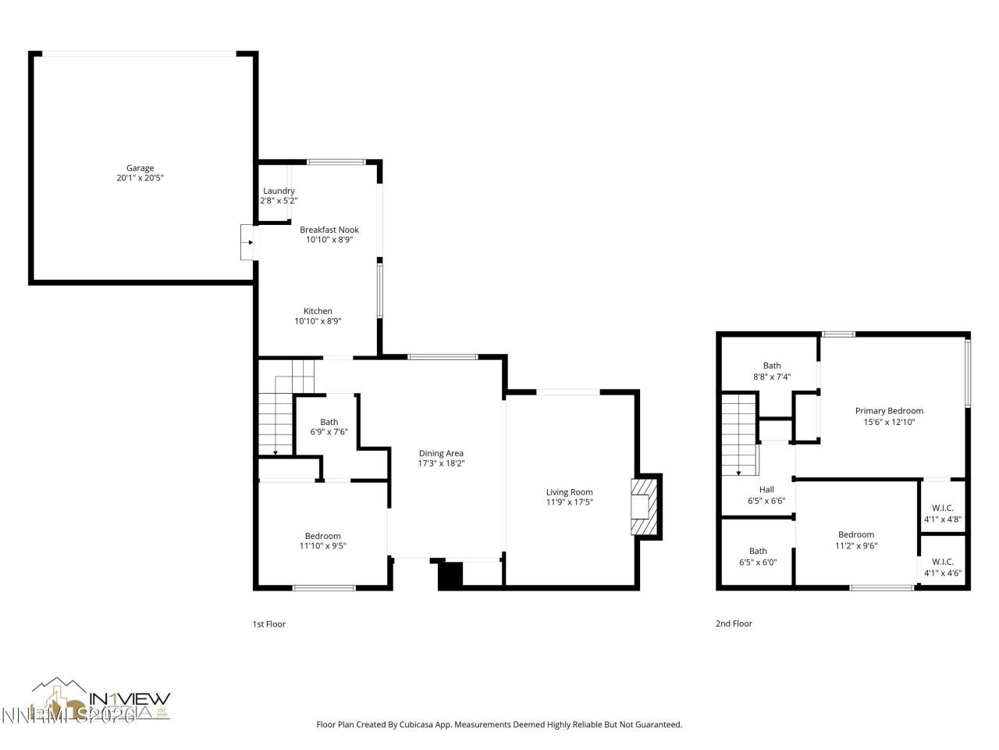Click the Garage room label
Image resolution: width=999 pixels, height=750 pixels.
coord(140,168)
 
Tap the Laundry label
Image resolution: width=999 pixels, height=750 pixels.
coord(279,191)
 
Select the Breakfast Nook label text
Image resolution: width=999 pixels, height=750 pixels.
coord(329,230)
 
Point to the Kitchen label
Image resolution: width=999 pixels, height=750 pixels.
coord(318,311)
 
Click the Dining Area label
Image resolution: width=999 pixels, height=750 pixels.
coord(442,453)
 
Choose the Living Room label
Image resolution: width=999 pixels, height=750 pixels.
coord(570,492)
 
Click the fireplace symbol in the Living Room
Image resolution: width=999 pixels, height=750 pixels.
coord(644,507)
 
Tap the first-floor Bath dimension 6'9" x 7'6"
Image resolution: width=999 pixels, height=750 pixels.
coord(329,432)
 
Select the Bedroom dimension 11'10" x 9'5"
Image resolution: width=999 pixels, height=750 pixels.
coord(323,546)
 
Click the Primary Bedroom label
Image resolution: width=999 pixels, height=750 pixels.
coord(889,411)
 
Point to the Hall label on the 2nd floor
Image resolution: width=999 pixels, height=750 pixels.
coord(766,490)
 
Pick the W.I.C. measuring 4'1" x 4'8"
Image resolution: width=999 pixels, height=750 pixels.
coord(943,513)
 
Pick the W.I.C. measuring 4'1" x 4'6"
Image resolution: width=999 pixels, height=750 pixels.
coord(943,567)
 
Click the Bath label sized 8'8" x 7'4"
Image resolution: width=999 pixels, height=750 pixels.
coord(772,366)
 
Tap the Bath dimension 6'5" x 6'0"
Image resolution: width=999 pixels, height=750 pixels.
coord(758,562)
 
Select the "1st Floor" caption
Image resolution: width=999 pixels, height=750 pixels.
coord(269,624)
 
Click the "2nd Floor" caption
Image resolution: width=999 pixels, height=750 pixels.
coord(734,623)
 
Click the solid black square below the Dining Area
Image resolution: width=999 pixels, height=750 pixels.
coord(450,576)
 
